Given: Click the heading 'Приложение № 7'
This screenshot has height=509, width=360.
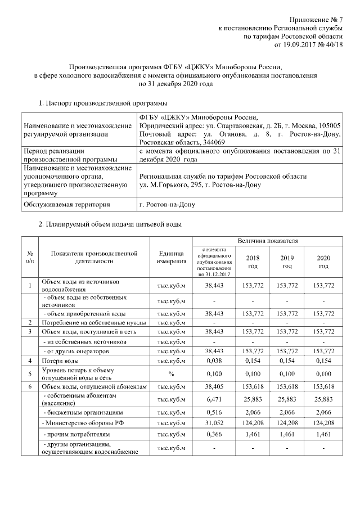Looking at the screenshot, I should pyautogui.click(x=317, y=20).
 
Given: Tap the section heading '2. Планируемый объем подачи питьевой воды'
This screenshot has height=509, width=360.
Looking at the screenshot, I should pyautogui.click(x=110, y=224).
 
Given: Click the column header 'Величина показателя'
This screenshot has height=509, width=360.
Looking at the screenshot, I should pyautogui.click(x=267, y=240).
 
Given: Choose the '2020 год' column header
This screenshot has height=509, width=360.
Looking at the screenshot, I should pyautogui.click(x=323, y=261).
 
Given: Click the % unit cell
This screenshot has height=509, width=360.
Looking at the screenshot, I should pyautogui.click(x=172, y=373).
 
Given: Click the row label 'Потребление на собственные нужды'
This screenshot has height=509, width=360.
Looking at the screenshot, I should pyautogui.click(x=94, y=322).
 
